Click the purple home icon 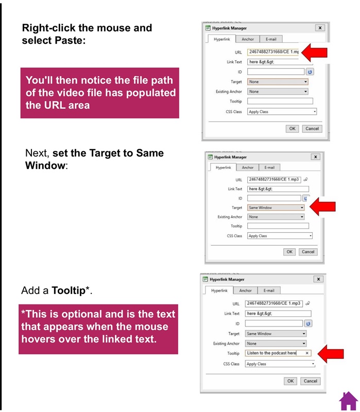coord(349,401)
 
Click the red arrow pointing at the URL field coord(314,51)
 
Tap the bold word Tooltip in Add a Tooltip coord(68,291)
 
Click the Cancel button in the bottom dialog coord(310,381)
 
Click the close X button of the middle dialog coord(316,157)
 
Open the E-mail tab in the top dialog coord(271,39)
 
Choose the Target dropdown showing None coord(277,81)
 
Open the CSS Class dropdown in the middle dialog coord(279,236)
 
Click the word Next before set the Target coord(38,153)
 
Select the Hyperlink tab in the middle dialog coord(224,167)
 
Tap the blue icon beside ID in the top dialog coord(310,72)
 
